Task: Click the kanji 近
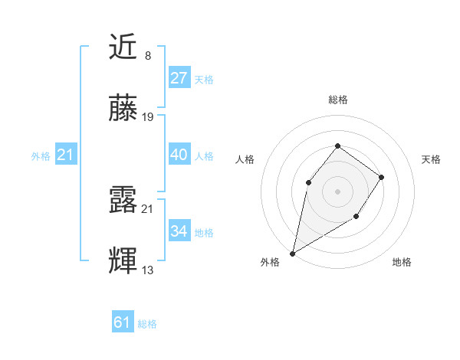click(x=123, y=47)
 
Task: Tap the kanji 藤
click(x=123, y=109)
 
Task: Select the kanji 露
click(x=123, y=200)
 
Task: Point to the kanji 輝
click(x=123, y=261)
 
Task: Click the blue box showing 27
click(x=179, y=78)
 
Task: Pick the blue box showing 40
click(x=179, y=155)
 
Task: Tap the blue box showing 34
click(x=179, y=231)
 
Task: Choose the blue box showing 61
click(x=123, y=322)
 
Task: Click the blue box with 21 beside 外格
click(x=66, y=155)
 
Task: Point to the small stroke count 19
click(x=148, y=117)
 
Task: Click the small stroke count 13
click(x=148, y=270)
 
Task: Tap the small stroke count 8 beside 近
click(x=147, y=56)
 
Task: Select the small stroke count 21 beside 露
click(x=148, y=208)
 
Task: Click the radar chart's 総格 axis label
click(x=337, y=100)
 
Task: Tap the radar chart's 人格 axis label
click(x=245, y=159)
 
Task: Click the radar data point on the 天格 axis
click(x=382, y=177)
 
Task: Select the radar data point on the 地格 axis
click(x=356, y=218)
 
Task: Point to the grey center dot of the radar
click(x=337, y=191)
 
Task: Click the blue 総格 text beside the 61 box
click(x=147, y=324)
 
